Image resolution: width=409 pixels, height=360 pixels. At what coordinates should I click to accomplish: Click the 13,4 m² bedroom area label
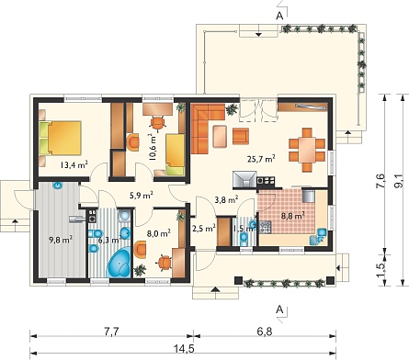coord(74,165)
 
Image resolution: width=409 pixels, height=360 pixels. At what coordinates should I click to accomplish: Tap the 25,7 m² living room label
coord(261,159)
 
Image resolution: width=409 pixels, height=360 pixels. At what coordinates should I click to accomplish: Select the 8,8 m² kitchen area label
coord(292,216)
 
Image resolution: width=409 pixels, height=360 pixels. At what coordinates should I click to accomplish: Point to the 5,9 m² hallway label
coord(142,195)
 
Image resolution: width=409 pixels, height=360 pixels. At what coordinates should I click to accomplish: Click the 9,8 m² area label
coord(61,240)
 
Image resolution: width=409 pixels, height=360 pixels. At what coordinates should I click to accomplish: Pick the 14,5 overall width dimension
coord(185,348)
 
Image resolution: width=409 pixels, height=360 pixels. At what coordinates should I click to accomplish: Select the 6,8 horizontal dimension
coord(264,332)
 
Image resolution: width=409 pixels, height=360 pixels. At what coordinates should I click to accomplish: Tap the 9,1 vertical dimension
coord(399,181)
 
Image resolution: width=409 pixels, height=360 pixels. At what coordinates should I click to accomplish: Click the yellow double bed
coord(61,138)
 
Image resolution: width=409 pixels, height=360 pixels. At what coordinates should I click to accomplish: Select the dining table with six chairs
coord(307,150)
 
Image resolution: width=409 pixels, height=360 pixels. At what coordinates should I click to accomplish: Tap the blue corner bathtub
coord(119,263)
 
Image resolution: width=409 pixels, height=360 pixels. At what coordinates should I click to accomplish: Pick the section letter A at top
coord(279,17)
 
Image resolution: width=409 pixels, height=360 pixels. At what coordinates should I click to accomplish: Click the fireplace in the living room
coord(244,179)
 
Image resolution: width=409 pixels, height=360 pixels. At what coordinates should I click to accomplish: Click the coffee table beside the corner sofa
coord(220,136)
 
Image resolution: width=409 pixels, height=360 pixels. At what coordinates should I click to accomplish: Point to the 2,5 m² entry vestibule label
coord(204,229)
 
